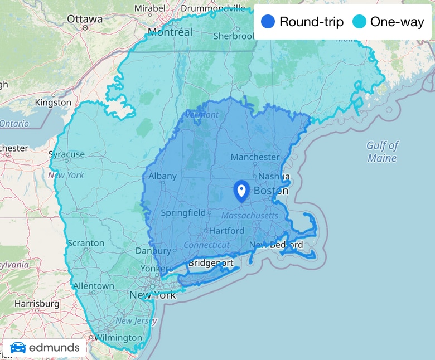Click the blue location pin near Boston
point(241,191)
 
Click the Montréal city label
point(170,32)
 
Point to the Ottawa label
point(85,19)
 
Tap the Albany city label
point(162,176)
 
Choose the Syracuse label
point(66,154)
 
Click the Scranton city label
point(85,243)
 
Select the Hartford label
point(227,231)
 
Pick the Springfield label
point(183,212)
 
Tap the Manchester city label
point(255,157)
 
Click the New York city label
point(152,295)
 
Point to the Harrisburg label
point(37,304)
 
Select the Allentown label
point(93,286)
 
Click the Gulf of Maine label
point(382,152)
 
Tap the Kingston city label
point(53,103)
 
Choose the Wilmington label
point(118,338)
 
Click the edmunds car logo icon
point(18,348)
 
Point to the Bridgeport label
point(211,263)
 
